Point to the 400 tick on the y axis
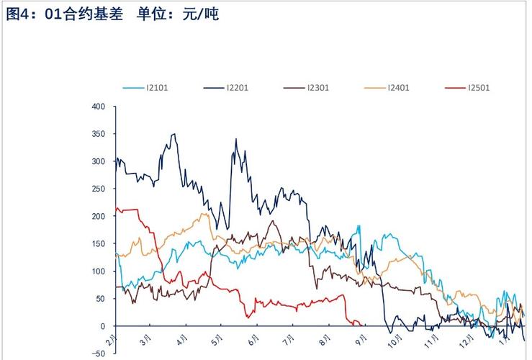(x=99, y=107)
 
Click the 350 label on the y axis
(x=99, y=134)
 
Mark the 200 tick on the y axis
(x=99, y=216)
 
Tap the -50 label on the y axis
(x=97, y=354)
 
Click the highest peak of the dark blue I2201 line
(x=173, y=134)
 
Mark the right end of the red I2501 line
(x=361, y=325)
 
